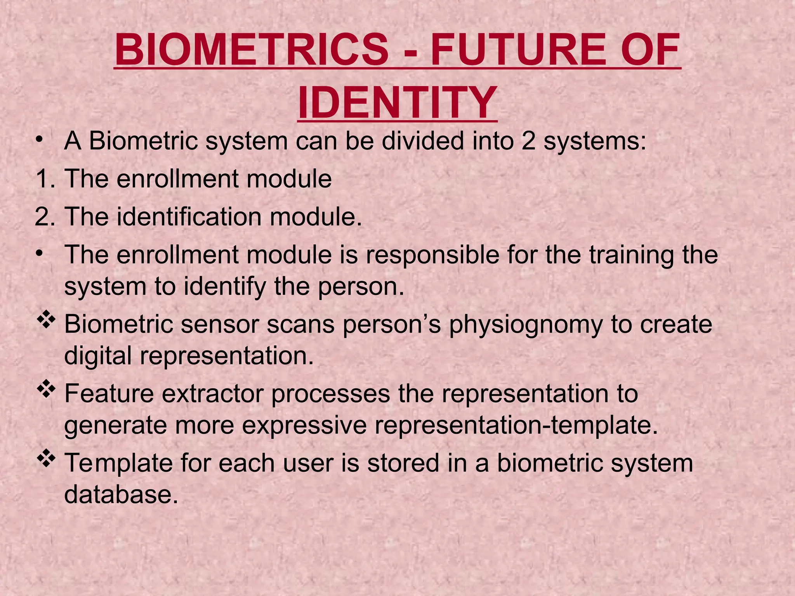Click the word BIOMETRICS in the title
[252, 50]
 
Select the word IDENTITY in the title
[397, 103]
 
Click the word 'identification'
[189, 217]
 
